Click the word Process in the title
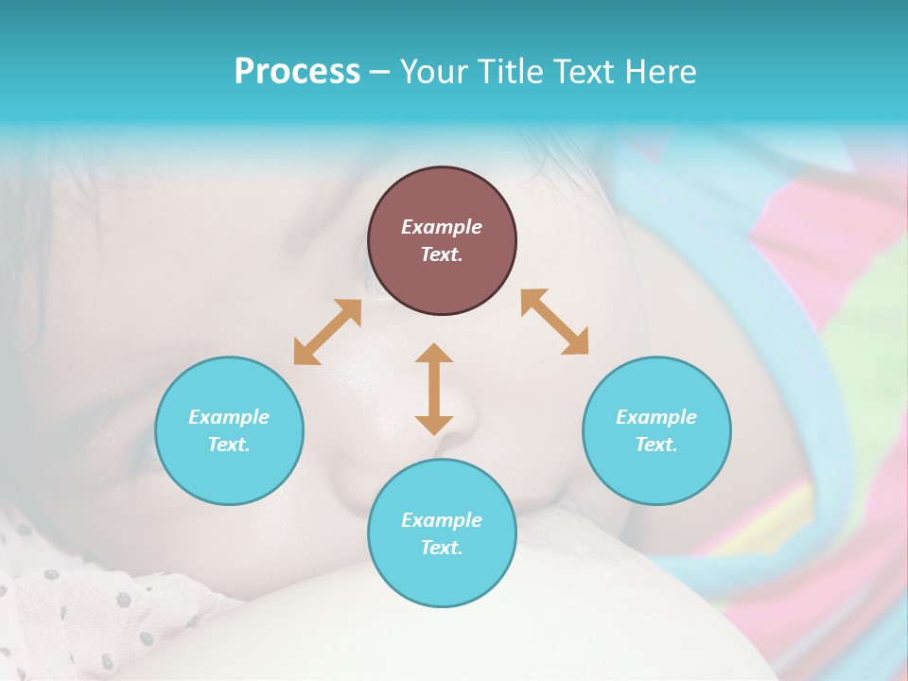point(297,72)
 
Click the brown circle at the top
point(442,240)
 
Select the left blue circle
point(229,430)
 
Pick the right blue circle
point(656,430)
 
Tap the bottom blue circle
point(442,533)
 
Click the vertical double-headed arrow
point(434,389)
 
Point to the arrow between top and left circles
point(327,332)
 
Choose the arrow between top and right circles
point(555,322)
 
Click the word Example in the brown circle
point(442,227)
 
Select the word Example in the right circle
point(656,417)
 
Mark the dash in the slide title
point(380,72)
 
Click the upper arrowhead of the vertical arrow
point(434,355)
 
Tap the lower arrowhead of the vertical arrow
point(434,424)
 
